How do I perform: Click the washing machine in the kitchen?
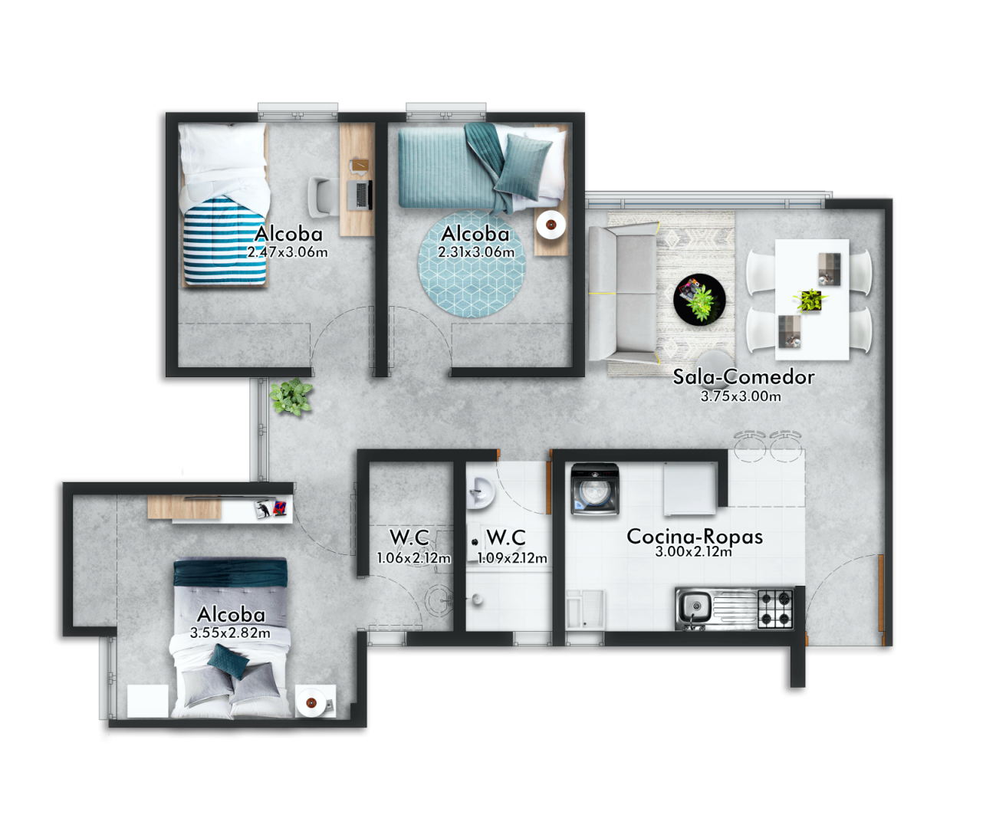point(595,489)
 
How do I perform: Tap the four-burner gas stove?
point(775,609)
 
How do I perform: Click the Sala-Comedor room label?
point(743,376)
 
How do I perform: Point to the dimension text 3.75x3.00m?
point(741,396)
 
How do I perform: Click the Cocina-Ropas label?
point(695,537)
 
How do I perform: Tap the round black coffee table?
point(699,300)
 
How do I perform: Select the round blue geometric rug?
point(472,264)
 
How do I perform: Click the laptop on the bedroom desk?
point(360,195)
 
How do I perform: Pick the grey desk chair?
point(323,197)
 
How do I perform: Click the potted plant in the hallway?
point(291,396)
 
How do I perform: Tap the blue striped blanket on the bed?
point(225,242)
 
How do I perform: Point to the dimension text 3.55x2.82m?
point(230,633)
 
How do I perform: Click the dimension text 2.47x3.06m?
point(288,251)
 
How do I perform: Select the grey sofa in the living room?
point(623,292)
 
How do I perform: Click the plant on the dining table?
point(810,300)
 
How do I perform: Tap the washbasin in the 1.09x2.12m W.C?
point(480,493)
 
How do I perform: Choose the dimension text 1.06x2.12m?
point(413,557)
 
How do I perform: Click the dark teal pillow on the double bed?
point(228,661)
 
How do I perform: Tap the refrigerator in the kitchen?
point(690,488)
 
